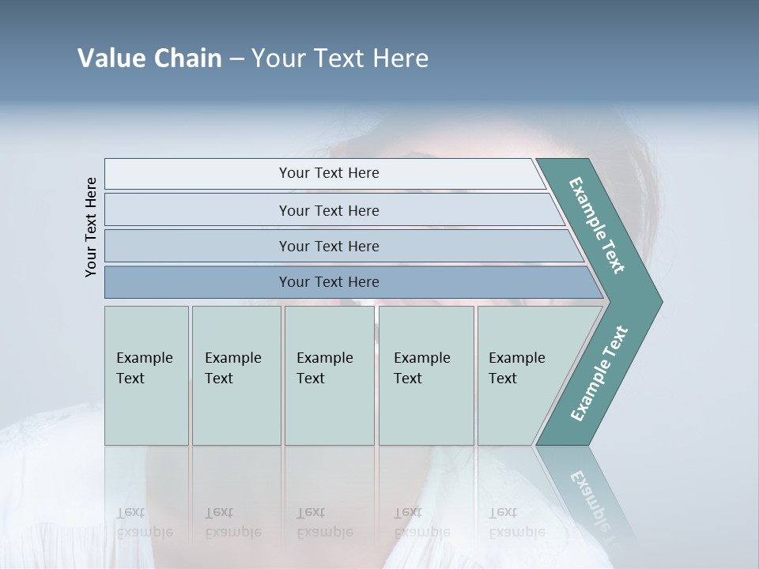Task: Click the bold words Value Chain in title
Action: (149, 58)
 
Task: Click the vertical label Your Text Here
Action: (91, 228)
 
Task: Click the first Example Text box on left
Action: (146, 411)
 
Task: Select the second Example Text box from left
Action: (236, 411)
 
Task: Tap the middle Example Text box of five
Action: (329, 411)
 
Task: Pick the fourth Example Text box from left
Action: (426, 411)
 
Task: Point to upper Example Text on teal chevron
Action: (597, 225)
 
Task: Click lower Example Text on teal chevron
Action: (599, 374)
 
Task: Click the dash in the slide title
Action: (236, 58)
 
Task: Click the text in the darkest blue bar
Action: (329, 282)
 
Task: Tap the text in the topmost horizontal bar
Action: (329, 173)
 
